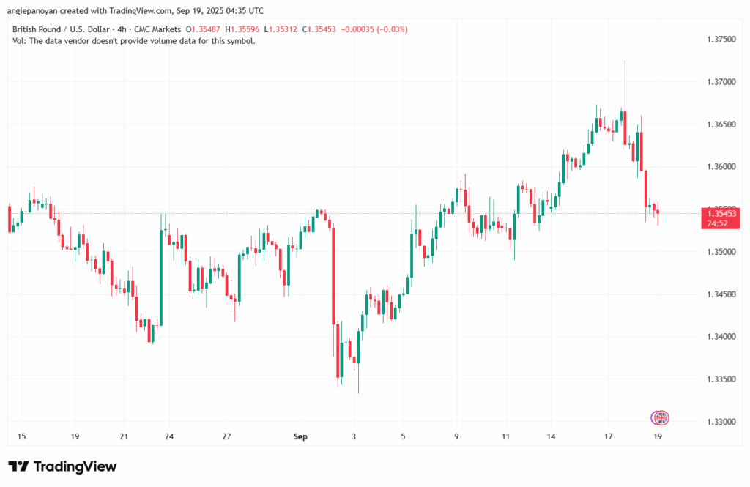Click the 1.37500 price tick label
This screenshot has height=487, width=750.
click(721, 39)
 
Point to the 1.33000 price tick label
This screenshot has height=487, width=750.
click(721, 422)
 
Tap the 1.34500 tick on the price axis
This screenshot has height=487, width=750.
click(721, 294)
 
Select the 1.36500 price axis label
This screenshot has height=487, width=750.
click(721, 124)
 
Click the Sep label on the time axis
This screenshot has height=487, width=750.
click(300, 437)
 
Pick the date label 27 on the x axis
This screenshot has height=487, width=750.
click(227, 437)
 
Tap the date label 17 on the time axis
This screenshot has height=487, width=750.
click(609, 437)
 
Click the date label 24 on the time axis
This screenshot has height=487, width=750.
click(169, 437)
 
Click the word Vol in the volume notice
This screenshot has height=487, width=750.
click(19, 41)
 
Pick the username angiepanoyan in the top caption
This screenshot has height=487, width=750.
click(34, 10)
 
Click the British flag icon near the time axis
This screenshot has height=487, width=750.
click(662, 417)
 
